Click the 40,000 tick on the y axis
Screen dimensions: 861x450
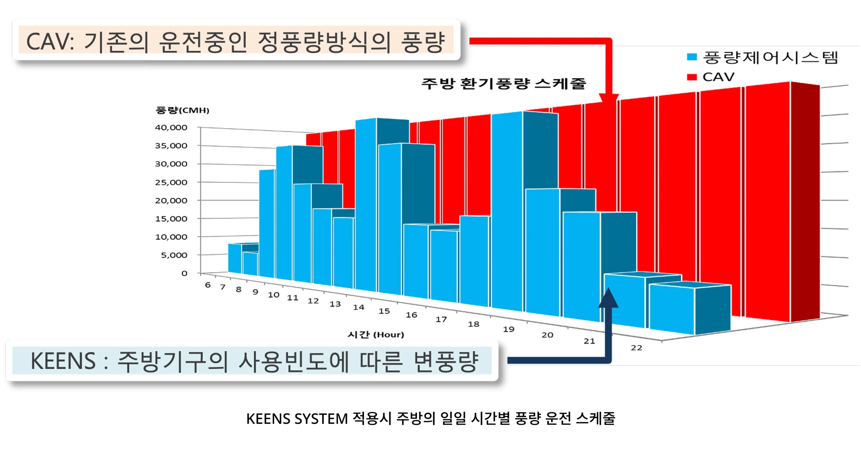click(171, 127)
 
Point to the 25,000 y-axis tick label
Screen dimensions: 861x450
click(171, 182)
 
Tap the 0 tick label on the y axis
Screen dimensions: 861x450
click(184, 273)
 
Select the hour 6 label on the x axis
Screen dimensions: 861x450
click(208, 285)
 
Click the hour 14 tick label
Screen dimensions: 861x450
click(359, 307)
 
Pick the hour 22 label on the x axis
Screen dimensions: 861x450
click(636, 348)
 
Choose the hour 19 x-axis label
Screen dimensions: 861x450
click(509, 329)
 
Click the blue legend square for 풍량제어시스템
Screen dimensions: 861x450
click(691, 57)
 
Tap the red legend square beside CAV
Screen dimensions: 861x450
click(691, 77)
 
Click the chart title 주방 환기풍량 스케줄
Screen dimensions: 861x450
click(504, 83)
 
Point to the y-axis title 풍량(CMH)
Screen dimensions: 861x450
click(182, 110)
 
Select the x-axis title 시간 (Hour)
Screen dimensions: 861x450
click(376, 334)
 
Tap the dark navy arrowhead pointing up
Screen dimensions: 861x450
click(608, 297)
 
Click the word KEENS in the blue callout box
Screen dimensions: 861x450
click(63, 361)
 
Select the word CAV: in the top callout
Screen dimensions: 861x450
click(50, 42)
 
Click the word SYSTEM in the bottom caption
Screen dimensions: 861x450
click(321, 419)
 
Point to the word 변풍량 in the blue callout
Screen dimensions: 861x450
click(446, 361)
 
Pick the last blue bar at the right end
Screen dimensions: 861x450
click(689, 309)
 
